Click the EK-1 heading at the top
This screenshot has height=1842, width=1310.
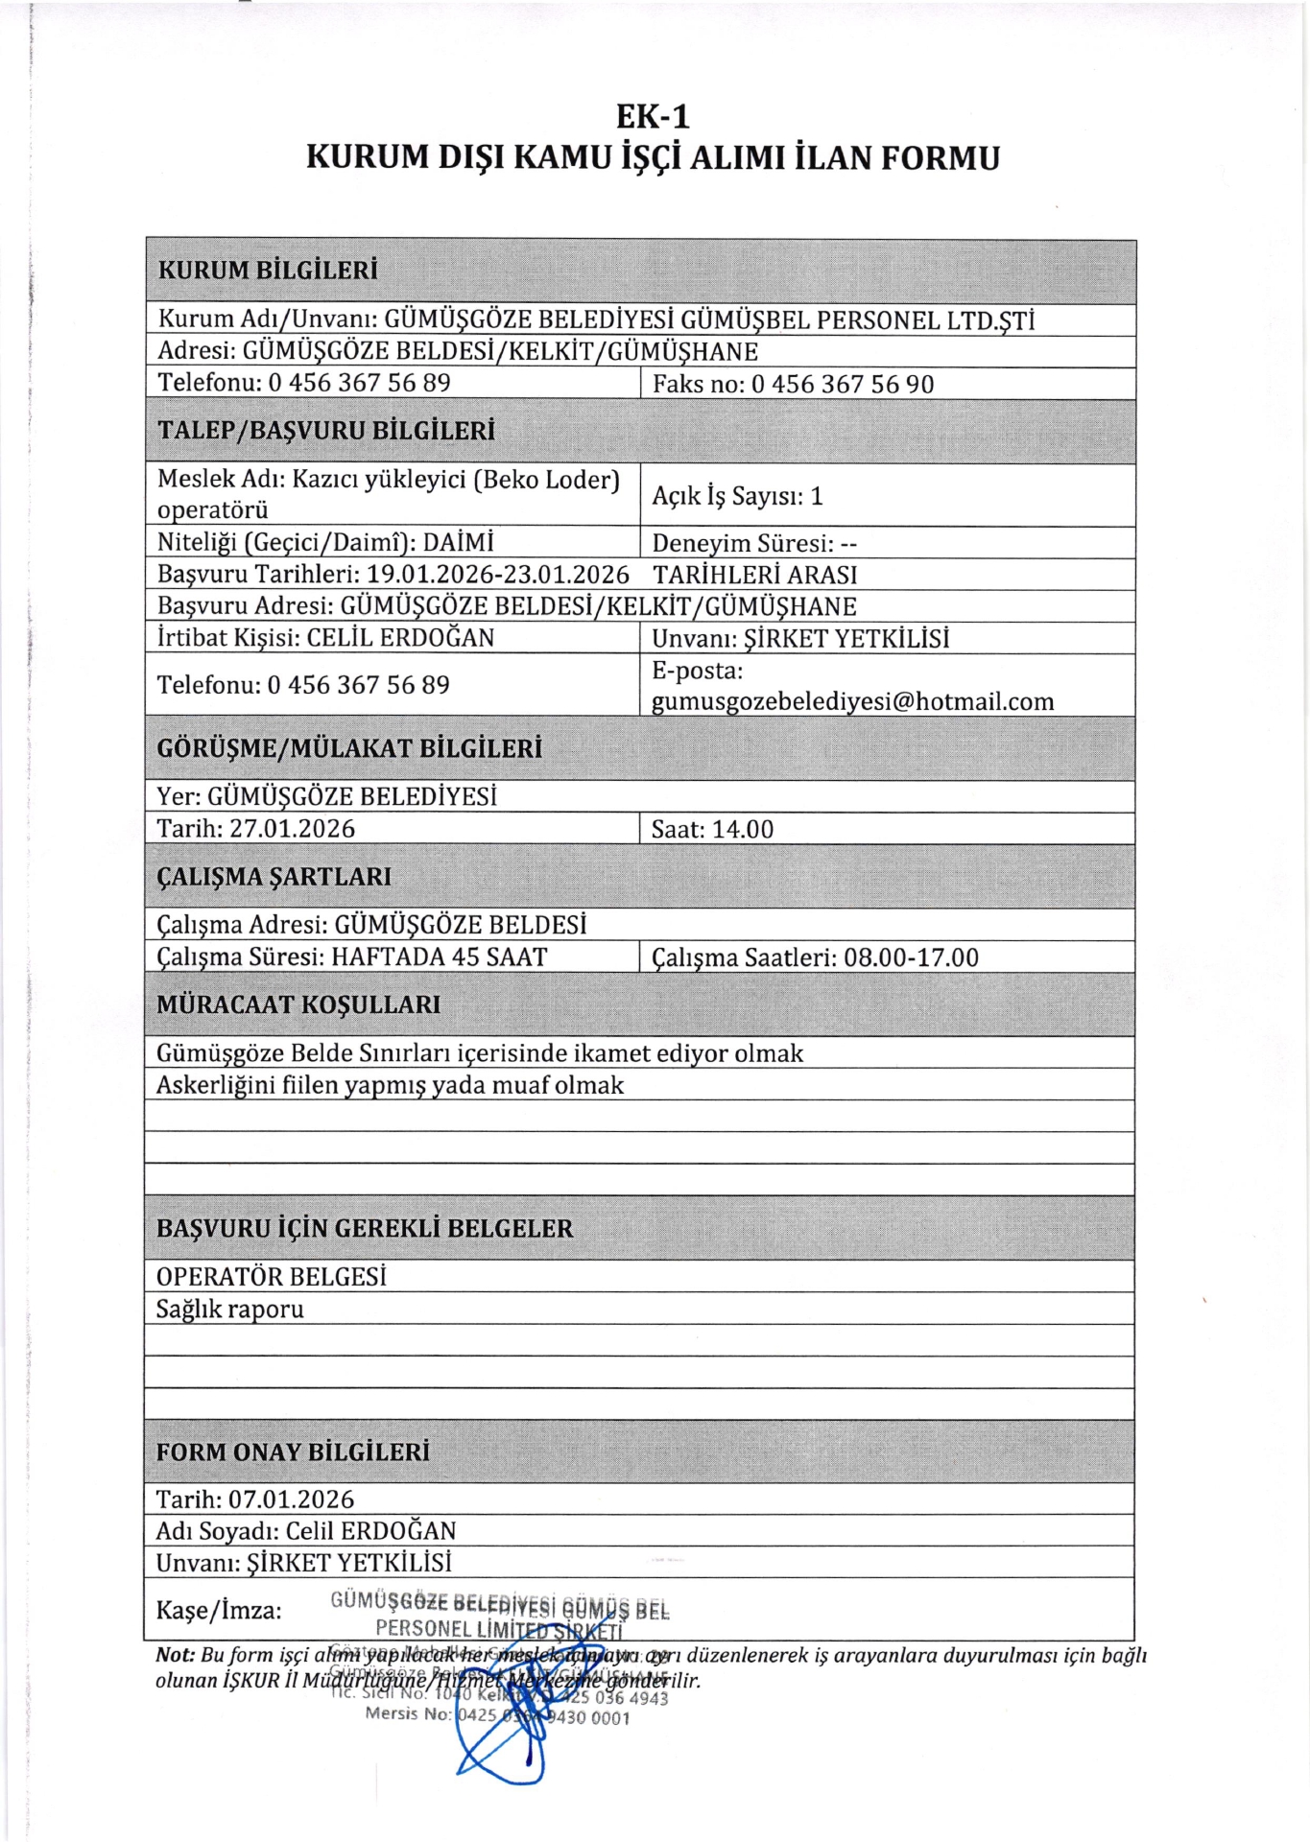point(653,117)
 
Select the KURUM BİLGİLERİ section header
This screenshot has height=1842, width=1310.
point(268,271)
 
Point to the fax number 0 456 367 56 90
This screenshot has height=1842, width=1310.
point(842,385)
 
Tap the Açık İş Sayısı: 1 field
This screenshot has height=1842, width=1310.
point(737,496)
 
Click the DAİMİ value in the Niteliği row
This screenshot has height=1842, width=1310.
point(458,543)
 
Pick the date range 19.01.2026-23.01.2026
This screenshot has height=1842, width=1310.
point(498,575)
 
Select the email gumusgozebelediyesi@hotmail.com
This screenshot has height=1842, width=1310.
point(852,702)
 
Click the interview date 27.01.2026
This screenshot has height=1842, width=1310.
point(292,829)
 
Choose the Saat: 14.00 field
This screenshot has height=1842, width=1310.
point(712,830)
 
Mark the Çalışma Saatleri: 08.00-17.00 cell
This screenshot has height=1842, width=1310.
point(815,957)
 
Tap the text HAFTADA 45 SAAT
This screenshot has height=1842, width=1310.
point(439,957)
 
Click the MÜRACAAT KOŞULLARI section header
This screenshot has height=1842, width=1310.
point(298,1004)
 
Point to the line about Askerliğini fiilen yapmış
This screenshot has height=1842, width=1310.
point(390,1085)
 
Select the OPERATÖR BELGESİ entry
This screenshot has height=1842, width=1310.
point(271,1277)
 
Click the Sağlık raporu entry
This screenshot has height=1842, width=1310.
point(229,1310)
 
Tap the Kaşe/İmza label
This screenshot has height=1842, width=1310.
point(219,1610)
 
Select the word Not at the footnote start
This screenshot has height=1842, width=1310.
point(175,1655)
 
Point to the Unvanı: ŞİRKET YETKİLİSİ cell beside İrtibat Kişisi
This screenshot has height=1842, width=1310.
point(800,639)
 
